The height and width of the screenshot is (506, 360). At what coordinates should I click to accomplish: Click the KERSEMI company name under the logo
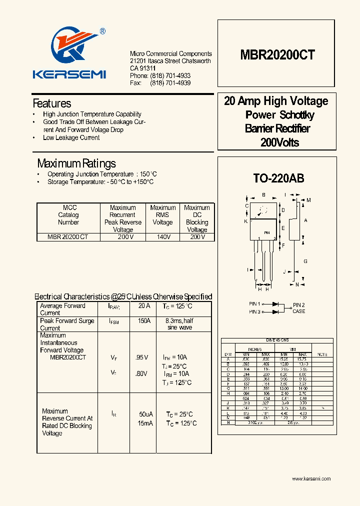click(69, 74)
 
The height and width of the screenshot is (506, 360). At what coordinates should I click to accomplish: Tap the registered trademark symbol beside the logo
click(102, 31)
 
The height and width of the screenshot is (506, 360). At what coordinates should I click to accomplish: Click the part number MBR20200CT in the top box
click(277, 55)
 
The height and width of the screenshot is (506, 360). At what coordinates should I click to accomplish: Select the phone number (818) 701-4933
click(170, 75)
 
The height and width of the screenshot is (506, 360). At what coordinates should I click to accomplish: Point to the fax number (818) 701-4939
click(170, 83)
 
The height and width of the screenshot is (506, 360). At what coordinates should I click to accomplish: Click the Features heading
click(52, 103)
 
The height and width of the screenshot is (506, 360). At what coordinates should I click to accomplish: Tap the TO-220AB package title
click(278, 178)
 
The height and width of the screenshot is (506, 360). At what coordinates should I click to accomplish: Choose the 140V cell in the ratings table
click(162, 237)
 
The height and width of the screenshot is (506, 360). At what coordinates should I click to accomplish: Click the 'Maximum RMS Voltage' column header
click(162, 215)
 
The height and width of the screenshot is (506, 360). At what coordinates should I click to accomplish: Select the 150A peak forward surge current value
click(144, 320)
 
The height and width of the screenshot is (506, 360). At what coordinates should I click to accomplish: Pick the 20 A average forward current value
click(144, 305)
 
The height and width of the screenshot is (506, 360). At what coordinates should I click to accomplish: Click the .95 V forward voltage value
click(142, 357)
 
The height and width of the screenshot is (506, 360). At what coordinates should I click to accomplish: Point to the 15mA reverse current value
click(146, 423)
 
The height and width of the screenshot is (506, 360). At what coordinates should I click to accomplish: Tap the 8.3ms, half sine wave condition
click(179, 324)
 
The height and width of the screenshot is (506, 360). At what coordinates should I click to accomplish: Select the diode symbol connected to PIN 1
click(275, 304)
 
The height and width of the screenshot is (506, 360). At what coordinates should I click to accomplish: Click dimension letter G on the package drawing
click(305, 261)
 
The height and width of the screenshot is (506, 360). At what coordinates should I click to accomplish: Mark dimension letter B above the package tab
click(263, 195)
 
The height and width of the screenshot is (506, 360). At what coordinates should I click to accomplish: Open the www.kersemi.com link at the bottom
click(311, 479)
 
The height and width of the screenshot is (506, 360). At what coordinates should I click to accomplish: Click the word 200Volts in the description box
click(279, 143)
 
